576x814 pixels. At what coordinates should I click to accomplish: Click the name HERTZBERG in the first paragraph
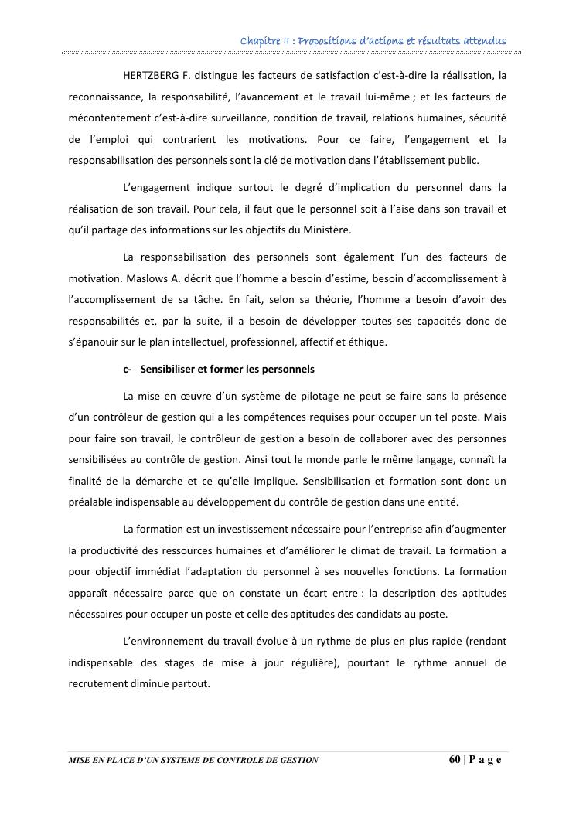152,76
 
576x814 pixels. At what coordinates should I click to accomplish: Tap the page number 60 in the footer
455,759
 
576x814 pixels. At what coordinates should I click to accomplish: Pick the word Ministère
328,229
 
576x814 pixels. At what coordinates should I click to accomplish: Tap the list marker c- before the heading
128,369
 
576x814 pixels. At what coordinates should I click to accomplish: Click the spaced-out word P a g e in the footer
486,759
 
